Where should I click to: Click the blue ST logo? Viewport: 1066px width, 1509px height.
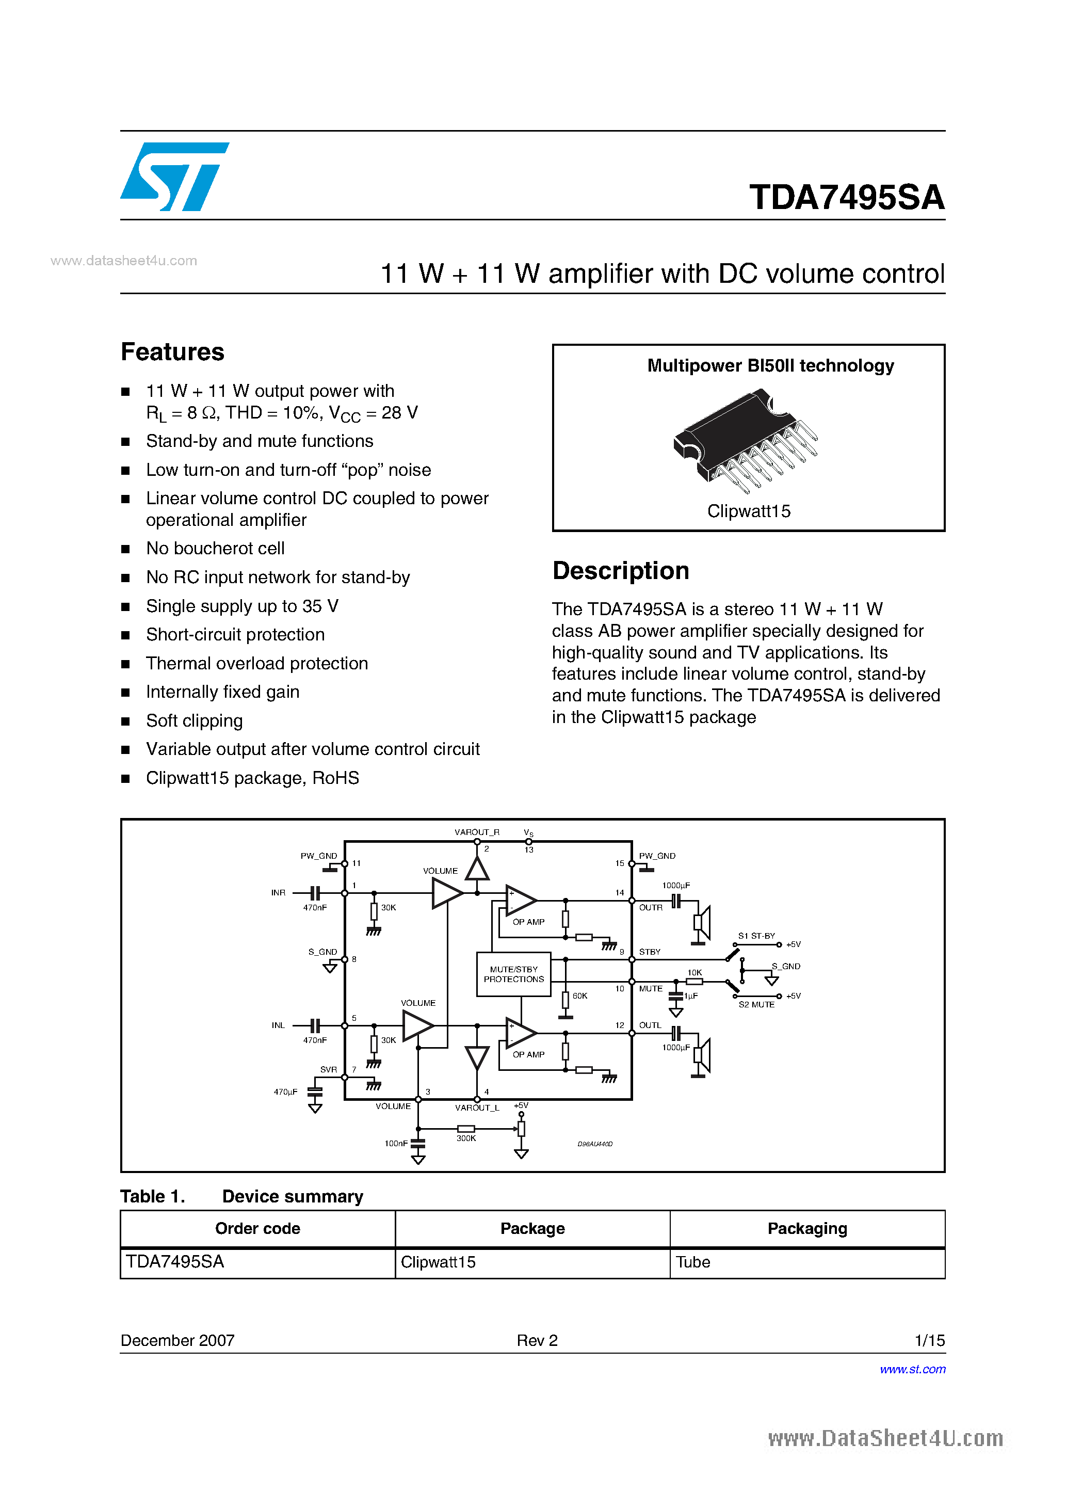pyautogui.click(x=174, y=176)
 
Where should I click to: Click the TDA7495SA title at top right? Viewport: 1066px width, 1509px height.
pyautogui.click(x=847, y=197)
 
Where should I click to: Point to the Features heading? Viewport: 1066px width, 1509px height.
pyautogui.click(x=172, y=352)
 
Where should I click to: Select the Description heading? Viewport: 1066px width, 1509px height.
pyautogui.click(x=620, y=570)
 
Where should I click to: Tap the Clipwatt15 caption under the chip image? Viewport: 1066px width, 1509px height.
pyautogui.click(x=749, y=511)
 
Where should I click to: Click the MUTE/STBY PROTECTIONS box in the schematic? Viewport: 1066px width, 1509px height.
pyautogui.click(x=513, y=974)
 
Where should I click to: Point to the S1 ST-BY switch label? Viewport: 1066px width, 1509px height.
pyautogui.click(x=756, y=936)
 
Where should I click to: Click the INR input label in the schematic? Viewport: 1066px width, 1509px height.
pyautogui.click(x=278, y=892)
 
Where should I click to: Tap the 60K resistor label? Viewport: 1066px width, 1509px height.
pyautogui.click(x=579, y=996)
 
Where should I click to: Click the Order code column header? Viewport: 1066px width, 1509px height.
pyautogui.click(x=257, y=1228)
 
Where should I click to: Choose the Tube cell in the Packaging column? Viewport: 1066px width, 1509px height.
pyautogui.click(x=693, y=1262)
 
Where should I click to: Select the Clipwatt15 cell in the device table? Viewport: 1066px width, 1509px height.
pyautogui.click(x=438, y=1262)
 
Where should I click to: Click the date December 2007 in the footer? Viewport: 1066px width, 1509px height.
pyautogui.click(x=177, y=1340)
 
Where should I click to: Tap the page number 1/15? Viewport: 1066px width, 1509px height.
pyautogui.click(x=929, y=1340)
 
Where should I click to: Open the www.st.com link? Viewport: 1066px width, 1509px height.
pyautogui.click(x=912, y=1369)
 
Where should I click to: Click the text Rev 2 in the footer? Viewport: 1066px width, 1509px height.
pyautogui.click(x=537, y=1340)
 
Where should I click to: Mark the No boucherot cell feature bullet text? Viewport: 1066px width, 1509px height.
pyautogui.click(x=215, y=548)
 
